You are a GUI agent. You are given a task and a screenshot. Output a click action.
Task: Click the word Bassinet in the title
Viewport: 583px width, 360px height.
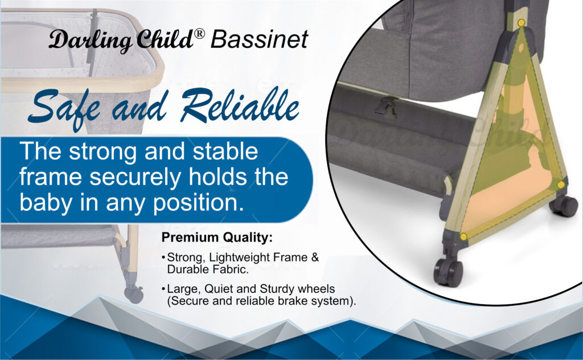click(259, 40)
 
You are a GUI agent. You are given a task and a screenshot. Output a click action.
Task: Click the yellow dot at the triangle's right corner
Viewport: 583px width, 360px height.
click(560, 185)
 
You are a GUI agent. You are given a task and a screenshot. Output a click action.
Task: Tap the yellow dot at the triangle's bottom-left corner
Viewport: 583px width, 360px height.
click(463, 236)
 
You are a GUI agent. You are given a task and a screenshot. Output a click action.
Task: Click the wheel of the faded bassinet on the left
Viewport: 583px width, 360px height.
click(134, 294)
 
